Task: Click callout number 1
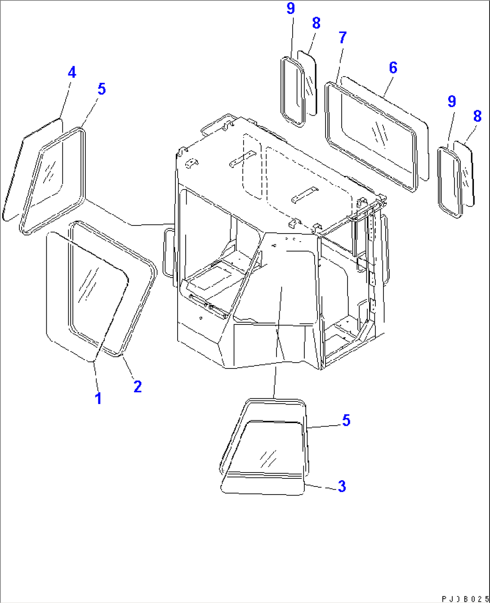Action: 98,398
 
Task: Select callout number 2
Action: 138,386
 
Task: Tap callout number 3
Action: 342,486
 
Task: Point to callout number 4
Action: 72,72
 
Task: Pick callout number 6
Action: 393,67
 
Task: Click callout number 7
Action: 343,38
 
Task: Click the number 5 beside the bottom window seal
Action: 346,421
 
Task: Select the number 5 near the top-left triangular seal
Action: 102,89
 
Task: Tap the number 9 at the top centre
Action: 291,9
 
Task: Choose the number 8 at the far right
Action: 477,116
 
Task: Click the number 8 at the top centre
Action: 316,23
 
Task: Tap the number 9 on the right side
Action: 452,101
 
